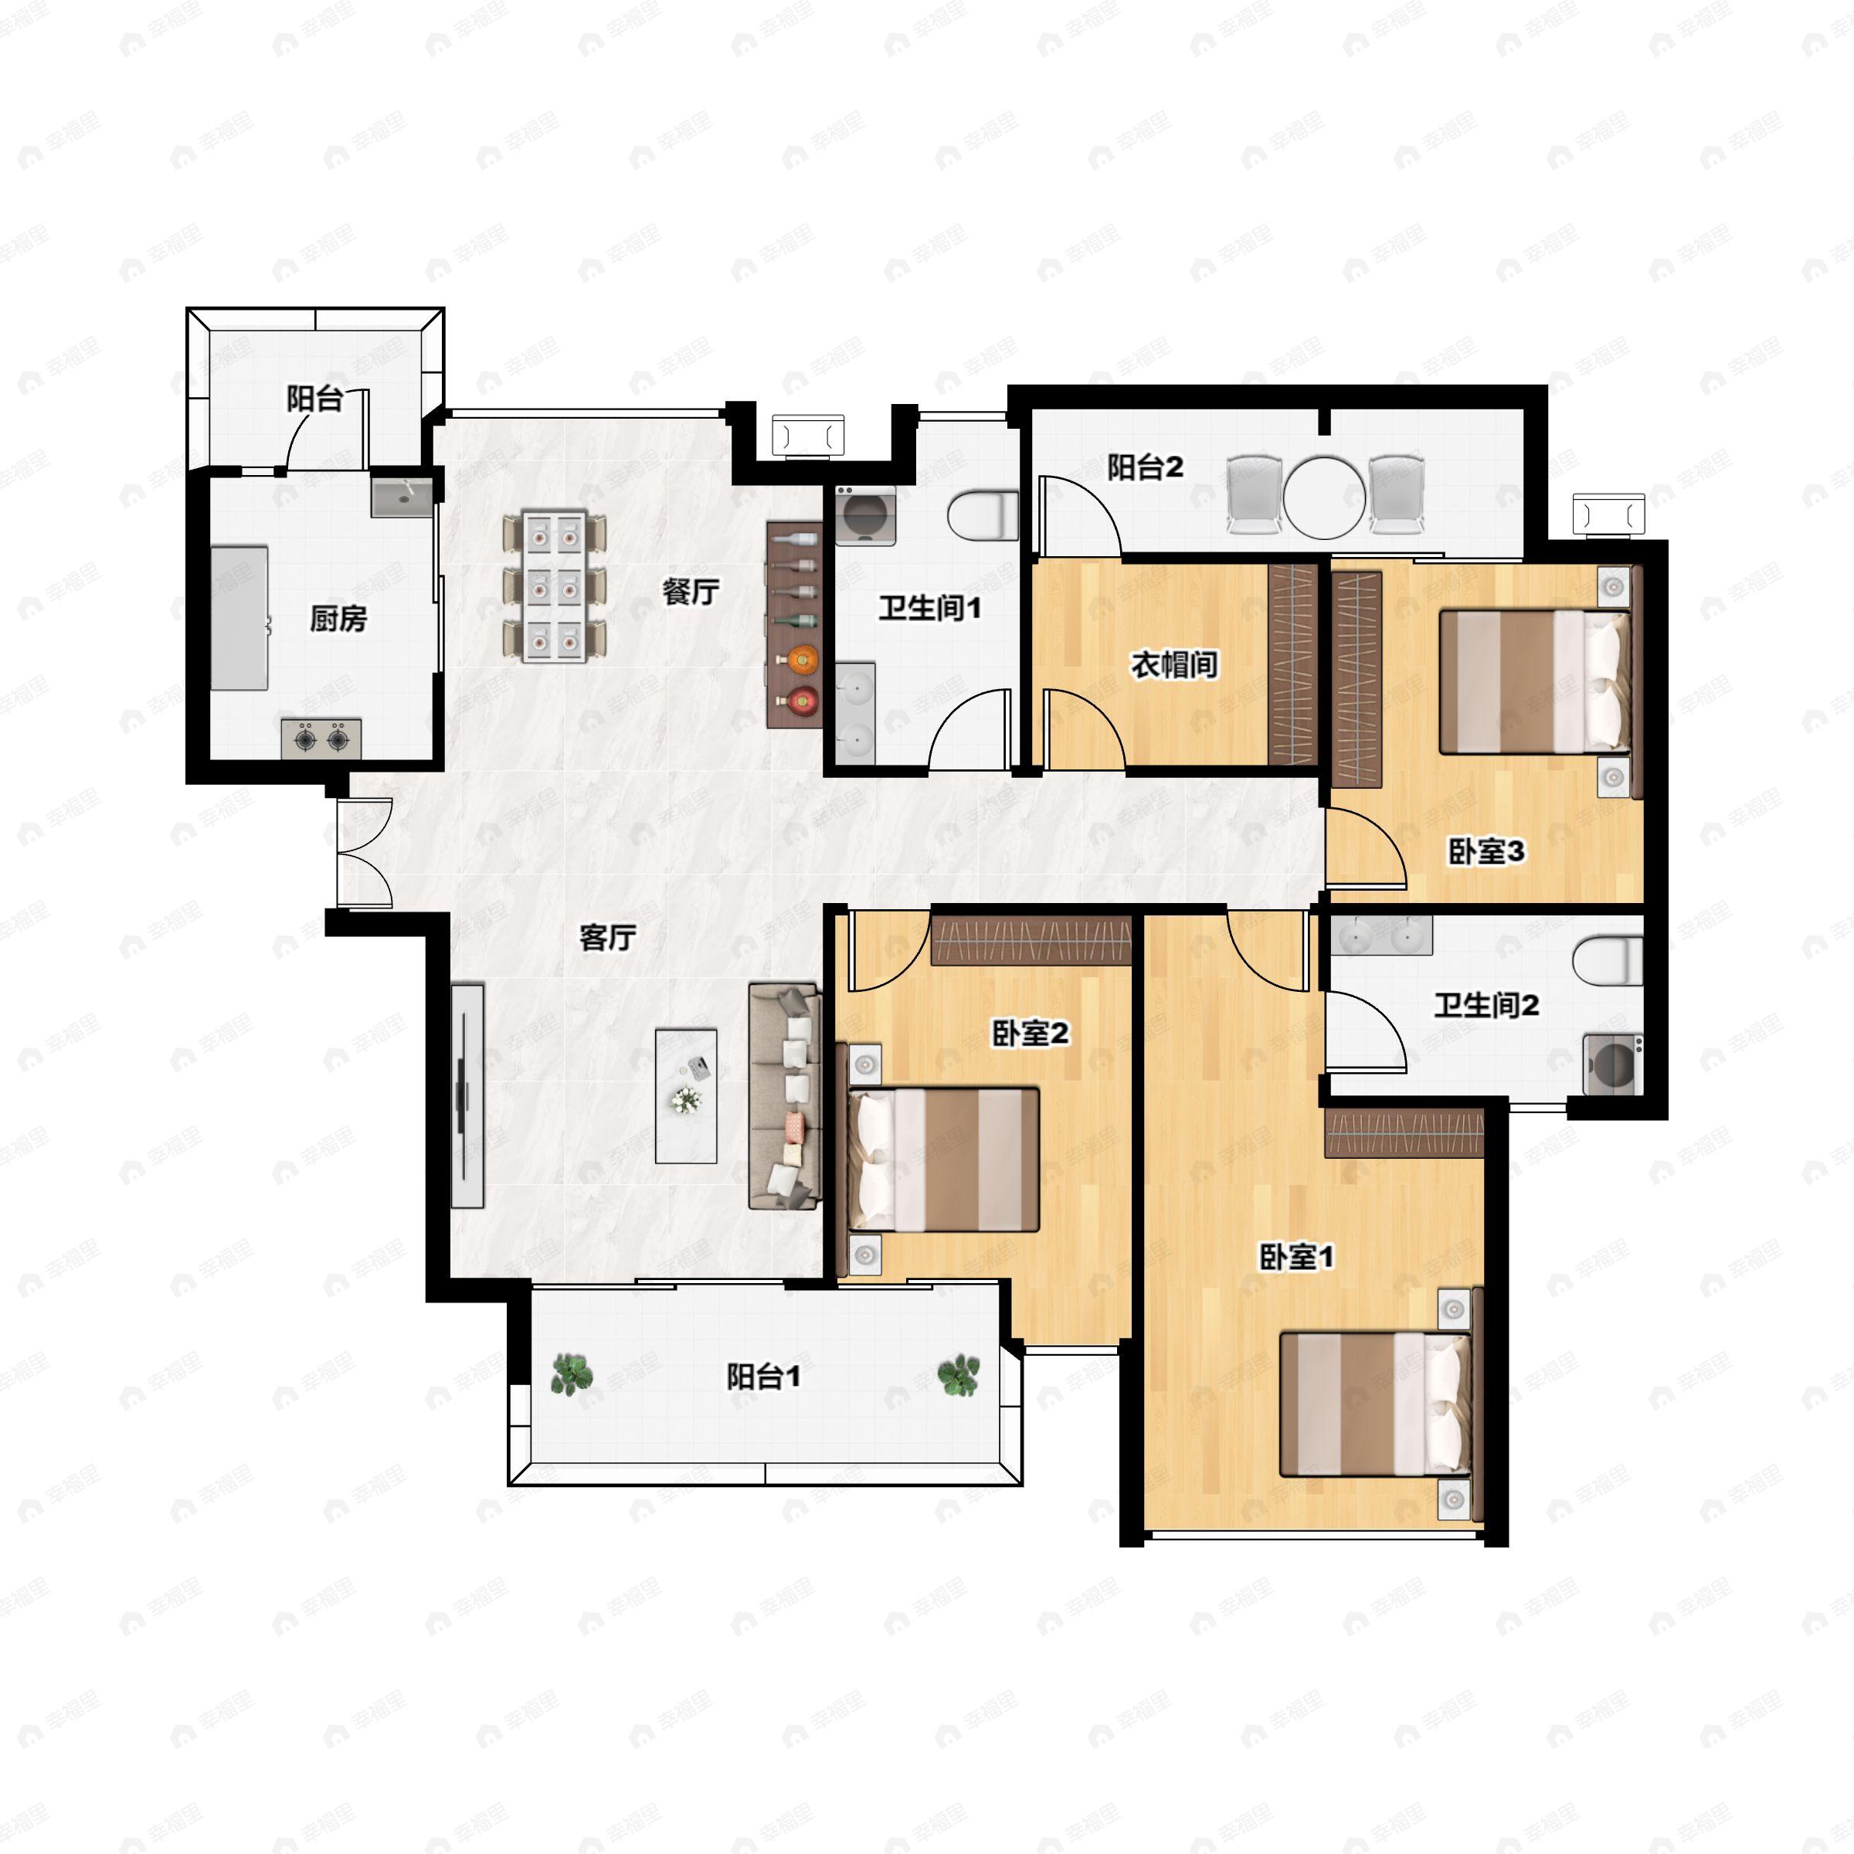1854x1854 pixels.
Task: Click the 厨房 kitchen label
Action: pyautogui.click(x=338, y=619)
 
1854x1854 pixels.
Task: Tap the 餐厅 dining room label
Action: pyautogui.click(x=690, y=591)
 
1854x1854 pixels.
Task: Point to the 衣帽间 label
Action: pyautogui.click(x=1174, y=664)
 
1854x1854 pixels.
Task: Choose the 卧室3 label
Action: pyautogui.click(x=1486, y=851)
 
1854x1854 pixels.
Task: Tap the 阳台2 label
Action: pyautogui.click(x=1145, y=467)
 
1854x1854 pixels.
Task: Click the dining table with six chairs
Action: pyautogui.click(x=555, y=587)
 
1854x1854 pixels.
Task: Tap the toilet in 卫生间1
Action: pyautogui.click(x=983, y=515)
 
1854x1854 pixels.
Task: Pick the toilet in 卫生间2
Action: pyautogui.click(x=1608, y=960)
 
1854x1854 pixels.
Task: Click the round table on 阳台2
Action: pyautogui.click(x=1324, y=496)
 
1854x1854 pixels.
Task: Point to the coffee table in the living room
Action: pyautogui.click(x=686, y=1096)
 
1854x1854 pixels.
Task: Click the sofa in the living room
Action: pyautogui.click(x=785, y=1095)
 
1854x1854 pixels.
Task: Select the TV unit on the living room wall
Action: pyautogui.click(x=467, y=1095)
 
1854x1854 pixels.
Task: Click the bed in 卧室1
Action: pyautogui.click(x=1375, y=1403)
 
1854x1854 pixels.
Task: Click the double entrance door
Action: pyautogui.click(x=365, y=852)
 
